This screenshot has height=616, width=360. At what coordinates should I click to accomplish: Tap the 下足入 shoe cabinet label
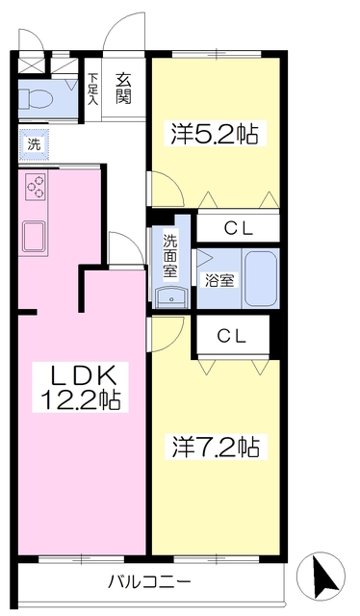pos(93,88)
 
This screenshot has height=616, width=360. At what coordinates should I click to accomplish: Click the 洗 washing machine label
pos(34,144)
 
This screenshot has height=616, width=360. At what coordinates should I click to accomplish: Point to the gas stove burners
pos(35,185)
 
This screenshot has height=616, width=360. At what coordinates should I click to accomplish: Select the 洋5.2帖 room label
pos(216,134)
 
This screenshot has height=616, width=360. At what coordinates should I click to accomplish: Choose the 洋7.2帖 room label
pos(216,448)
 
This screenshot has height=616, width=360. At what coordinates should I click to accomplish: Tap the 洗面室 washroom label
pos(170,256)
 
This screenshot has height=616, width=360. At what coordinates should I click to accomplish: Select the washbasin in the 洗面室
pos(171,295)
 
